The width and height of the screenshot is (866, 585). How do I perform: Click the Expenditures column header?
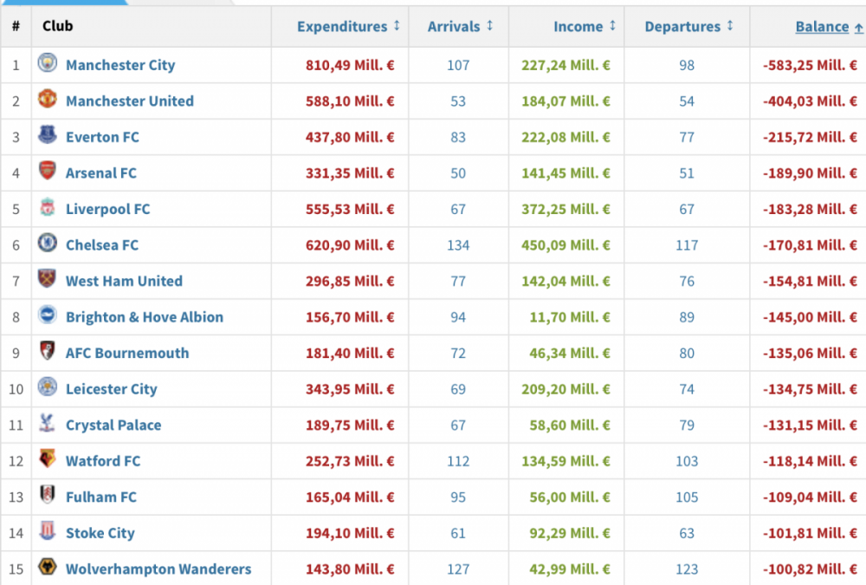342,27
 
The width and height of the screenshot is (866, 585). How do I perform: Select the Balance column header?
822,27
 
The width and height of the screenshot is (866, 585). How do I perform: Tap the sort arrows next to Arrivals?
489,25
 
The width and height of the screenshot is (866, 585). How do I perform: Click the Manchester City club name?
120,65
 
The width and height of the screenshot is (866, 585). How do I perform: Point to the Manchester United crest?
48,99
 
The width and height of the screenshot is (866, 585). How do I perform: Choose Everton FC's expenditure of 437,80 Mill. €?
350,137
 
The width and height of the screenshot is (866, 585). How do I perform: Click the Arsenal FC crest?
48,171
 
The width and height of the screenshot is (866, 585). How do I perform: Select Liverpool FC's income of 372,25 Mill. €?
565,209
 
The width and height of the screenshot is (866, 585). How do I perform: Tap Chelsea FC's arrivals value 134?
458,245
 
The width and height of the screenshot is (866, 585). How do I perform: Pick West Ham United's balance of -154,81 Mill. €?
810,281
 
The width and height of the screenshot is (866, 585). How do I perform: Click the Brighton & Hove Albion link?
145,317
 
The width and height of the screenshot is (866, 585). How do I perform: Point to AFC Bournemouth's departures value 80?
687,354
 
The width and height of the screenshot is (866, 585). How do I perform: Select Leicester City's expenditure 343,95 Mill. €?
350,389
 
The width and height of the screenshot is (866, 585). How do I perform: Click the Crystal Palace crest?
47,423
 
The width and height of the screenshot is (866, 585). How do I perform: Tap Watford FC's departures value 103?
687,461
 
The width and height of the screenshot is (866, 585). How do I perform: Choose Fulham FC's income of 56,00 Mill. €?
570,497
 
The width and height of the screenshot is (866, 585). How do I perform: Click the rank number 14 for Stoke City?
16,533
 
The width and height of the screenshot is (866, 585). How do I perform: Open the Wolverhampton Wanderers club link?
158,569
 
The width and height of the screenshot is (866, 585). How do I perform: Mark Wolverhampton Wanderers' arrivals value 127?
458,569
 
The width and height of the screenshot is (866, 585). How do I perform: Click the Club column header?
57,26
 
